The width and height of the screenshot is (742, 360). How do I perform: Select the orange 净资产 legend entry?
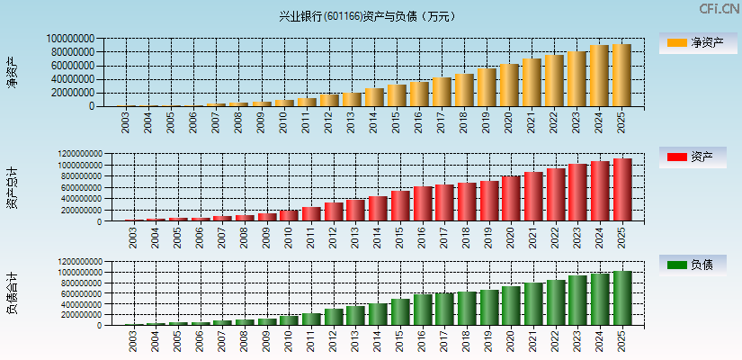pos(696,42)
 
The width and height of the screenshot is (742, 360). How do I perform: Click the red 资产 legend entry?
pos(696,157)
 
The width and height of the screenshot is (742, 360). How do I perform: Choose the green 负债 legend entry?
pos(696,265)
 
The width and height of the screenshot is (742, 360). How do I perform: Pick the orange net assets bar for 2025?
pos(621,76)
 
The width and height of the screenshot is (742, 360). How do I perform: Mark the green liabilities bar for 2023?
pos(577,301)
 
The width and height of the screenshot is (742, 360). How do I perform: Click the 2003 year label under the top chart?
pos(126,122)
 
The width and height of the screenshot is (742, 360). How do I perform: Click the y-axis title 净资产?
pos(12,72)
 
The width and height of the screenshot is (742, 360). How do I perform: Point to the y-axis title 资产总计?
pos(12,187)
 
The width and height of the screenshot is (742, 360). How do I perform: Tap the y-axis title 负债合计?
pos(12,293)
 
